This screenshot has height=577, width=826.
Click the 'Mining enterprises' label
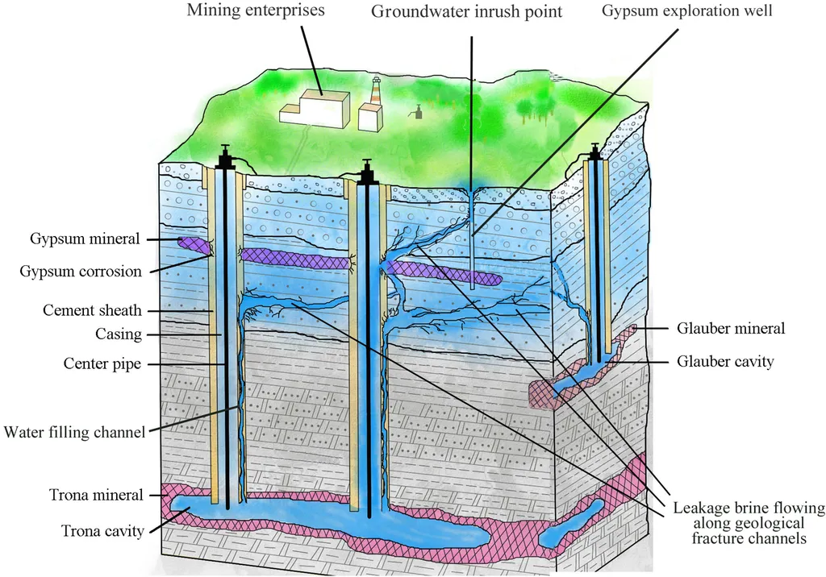(x=256, y=10)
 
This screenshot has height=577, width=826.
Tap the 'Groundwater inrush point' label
(x=467, y=11)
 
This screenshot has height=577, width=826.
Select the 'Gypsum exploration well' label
(x=687, y=10)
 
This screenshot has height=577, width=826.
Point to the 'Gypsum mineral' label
(x=85, y=239)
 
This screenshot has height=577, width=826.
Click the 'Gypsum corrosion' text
(x=81, y=272)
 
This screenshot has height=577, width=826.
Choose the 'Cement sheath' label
(x=92, y=310)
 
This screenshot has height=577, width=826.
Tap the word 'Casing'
(x=119, y=334)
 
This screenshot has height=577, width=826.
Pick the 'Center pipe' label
(x=102, y=363)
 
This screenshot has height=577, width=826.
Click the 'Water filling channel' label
(x=74, y=432)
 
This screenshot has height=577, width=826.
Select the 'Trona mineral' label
(x=97, y=496)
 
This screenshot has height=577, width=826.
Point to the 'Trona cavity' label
(x=102, y=531)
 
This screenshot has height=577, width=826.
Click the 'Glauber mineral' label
(x=731, y=329)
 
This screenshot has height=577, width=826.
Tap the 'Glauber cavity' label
(x=725, y=362)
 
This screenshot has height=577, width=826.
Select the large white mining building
(x=315, y=109)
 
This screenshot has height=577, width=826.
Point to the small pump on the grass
(x=418, y=111)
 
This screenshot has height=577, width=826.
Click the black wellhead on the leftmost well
(x=226, y=157)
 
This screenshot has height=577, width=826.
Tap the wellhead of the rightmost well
(x=594, y=152)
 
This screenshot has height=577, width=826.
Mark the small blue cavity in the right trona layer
(x=572, y=525)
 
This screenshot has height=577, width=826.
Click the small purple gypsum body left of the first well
(x=194, y=245)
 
